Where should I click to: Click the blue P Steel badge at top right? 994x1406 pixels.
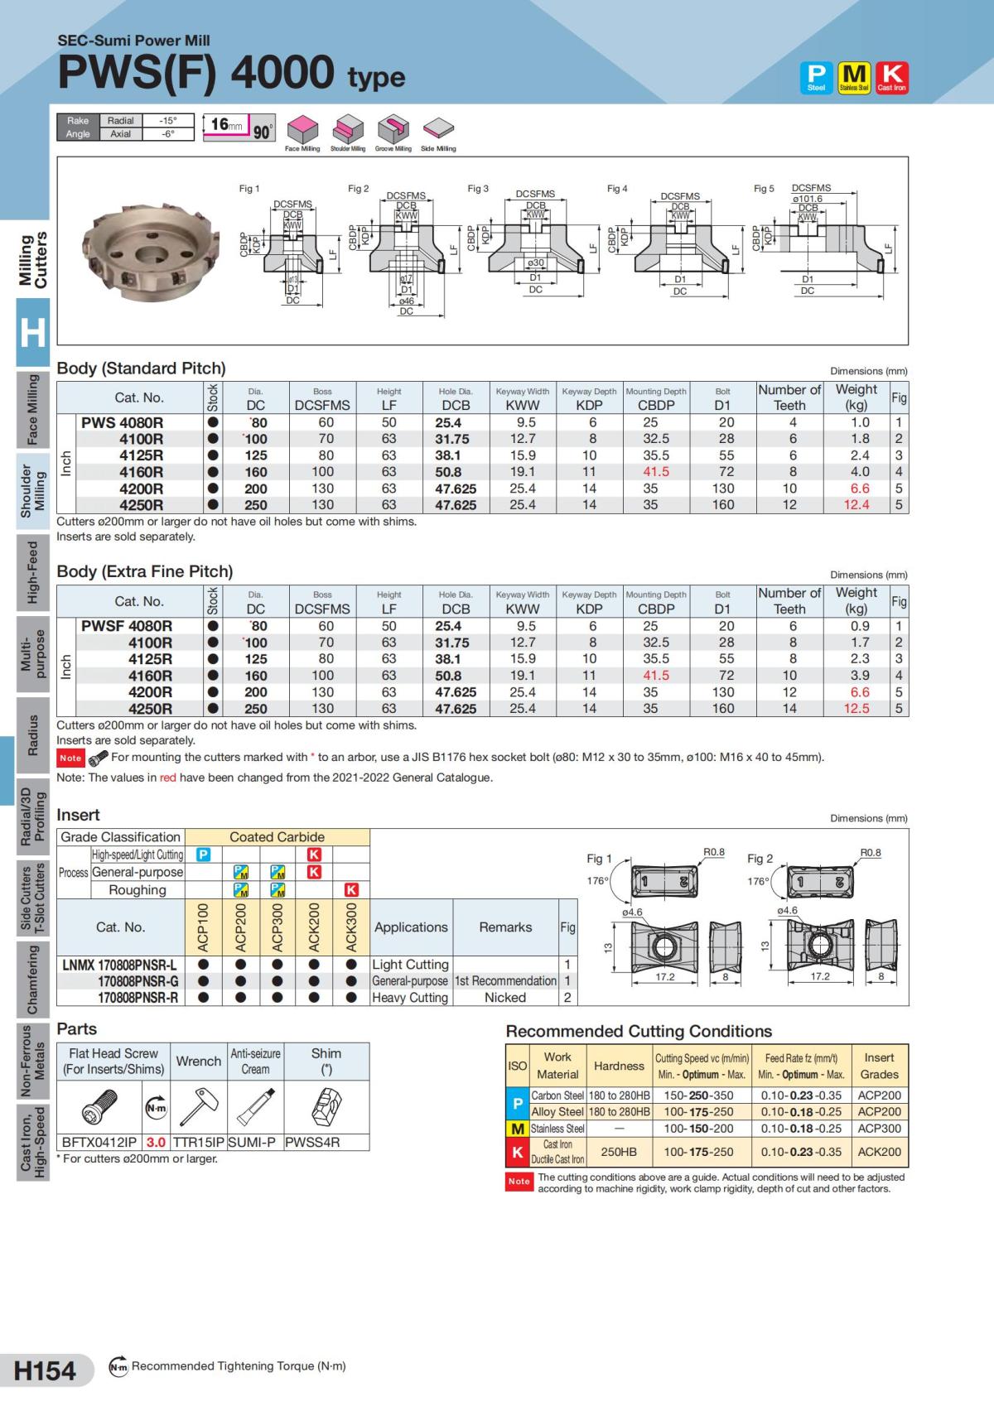pyautogui.click(x=816, y=77)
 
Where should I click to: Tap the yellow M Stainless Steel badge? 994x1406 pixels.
pyautogui.click(x=854, y=77)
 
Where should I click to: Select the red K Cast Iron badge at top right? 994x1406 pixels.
pyautogui.click(x=891, y=77)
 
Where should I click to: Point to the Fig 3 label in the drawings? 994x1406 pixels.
pyautogui.click(x=478, y=189)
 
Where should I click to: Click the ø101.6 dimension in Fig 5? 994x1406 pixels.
pyautogui.click(x=807, y=199)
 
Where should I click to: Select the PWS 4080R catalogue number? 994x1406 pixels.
pyautogui.click(x=122, y=422)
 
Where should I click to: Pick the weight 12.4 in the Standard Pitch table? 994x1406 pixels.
pyautogui.click(x=856, y=505)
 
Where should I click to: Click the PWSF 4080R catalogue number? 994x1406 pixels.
pyautogui.click(x=127, y=626)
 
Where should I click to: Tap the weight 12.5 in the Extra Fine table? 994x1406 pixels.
pyautogui.click(x=856, y=709)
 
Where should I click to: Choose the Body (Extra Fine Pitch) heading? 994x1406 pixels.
pyautogui.click(x=145, y=571)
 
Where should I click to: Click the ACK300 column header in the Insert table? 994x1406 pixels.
pyautogui.click(x=351, y=927)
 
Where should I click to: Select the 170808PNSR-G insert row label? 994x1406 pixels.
pyautogui.click(x=138, y=981)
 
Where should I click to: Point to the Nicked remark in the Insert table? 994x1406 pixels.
pyautogui.click(x=504, y=998)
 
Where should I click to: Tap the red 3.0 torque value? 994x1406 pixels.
pyautogui.click(x=156, y=1142)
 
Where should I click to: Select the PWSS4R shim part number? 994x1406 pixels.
pyautogui.click(x=312, y=1142)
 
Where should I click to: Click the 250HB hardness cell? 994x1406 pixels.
pyautogui.click(x=619, y=1152)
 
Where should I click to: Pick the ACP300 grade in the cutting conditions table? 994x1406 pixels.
pyautogui.click(x=879, y=1129)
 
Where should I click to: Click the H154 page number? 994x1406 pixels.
pyautogui.click(x=45, y=1370)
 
